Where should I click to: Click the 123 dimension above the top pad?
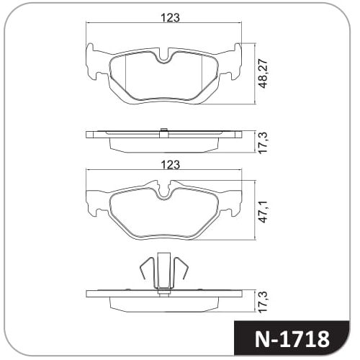click(x=170, y=18)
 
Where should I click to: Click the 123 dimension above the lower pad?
click(x=170, y=165)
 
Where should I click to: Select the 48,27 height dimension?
click(x=264, y=73)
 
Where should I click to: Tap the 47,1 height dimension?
click(x=264, y=212)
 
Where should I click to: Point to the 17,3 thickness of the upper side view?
click(x=264, y=143)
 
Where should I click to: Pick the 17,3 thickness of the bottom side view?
click(x=264, y=302)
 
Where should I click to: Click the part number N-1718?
click(x=292, y=339)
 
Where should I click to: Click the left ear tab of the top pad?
click(x=91, y=61)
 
